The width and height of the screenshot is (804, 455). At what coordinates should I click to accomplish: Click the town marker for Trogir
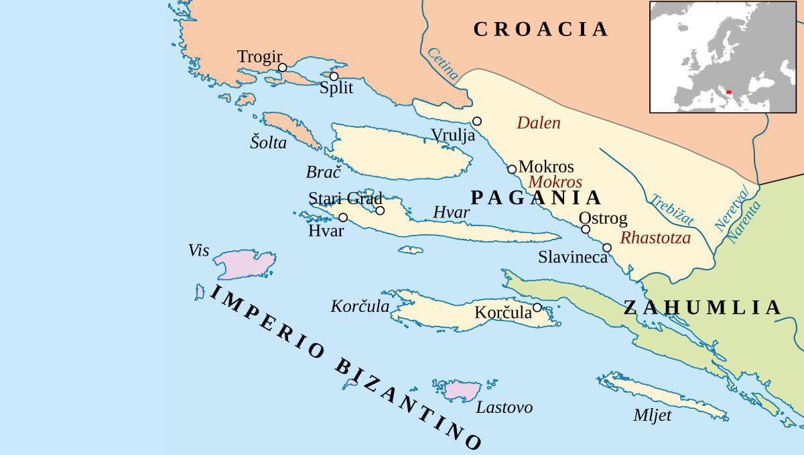click(x=283, y=68)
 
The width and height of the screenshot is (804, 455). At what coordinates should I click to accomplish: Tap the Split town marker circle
click(x=334, y=76)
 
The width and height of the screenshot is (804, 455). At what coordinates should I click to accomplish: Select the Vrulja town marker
click(x=477, y=121)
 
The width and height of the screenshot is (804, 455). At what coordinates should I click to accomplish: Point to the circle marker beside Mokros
click(x=512, y=169)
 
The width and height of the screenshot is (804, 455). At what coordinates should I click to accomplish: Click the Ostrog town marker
click(x=586, y=229)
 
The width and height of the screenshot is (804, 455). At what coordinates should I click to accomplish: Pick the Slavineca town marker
click(x=607, y=248)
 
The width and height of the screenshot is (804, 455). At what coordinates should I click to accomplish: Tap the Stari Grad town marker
click(x=380, y=211)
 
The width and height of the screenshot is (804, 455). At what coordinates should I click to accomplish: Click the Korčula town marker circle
click(x=537, y=307)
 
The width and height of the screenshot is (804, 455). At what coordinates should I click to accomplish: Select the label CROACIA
click(x=541, y=29)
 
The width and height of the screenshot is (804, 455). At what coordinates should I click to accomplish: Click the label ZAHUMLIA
click(x=702, y=308)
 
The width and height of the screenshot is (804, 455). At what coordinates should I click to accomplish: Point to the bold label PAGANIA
click(x=536, y=197)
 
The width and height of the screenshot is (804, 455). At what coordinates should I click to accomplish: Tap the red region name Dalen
click(x=539, y=123)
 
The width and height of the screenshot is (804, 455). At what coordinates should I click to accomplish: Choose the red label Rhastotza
click(x=655, y=238)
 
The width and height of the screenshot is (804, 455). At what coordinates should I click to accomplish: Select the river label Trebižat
click(x=672, y=210)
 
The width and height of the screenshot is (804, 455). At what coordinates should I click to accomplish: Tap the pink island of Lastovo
click(x=462, y=390)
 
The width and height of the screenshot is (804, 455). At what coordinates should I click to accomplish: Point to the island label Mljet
click(x=652, y=416)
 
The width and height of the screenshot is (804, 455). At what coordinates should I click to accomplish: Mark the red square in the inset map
click(x=728, y=93)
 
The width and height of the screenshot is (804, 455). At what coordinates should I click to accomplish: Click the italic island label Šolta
click(x=268, y=143)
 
